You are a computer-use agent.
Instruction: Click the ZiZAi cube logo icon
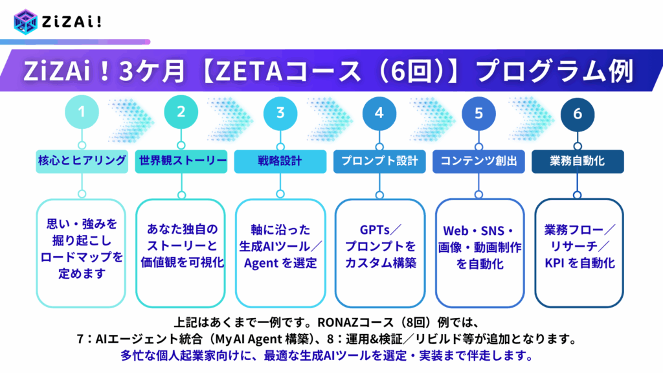point(25,21)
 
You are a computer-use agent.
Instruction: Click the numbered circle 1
point(82,112)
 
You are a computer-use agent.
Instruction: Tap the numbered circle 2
point(181,112)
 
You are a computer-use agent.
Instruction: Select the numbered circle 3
point(280,113)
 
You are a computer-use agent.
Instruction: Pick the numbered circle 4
point(379,113)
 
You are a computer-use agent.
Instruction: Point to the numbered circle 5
point(478,113)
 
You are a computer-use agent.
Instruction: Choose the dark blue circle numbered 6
point(578,114)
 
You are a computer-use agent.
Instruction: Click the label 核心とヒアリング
point(82,161)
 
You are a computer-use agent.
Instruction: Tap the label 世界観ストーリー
point(181,161)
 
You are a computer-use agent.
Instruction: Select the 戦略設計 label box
point(280,161)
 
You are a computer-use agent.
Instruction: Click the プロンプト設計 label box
point(379,161)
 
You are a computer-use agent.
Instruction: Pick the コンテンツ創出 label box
point(478,161)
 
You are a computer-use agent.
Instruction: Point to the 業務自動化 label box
point(578,161)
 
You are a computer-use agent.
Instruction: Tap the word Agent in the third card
point(262,264)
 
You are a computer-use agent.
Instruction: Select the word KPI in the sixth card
point(554,263)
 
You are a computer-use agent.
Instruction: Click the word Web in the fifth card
point(456,231)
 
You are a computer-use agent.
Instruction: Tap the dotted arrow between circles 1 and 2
point(131,120)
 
